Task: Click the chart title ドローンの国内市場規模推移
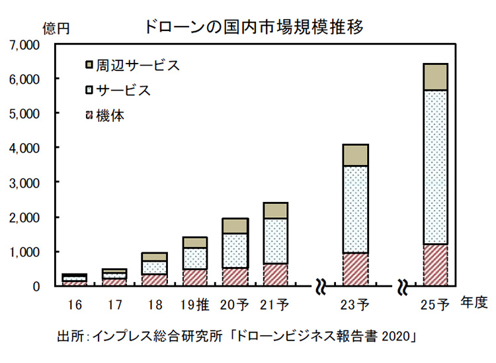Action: [253, 27]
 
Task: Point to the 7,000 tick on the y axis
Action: [26, 45]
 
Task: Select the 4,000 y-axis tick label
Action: [26, 148]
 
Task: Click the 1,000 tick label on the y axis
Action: [26, 252]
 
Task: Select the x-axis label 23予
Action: [356, 305]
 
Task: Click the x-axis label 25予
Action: [434, 305]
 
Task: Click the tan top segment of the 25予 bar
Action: [435, 77]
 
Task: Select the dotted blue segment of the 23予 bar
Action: [356, 209]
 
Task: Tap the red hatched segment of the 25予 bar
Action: [435, 265]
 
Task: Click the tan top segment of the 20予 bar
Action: [235, 226]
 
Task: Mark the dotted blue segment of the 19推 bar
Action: [195, 258]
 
